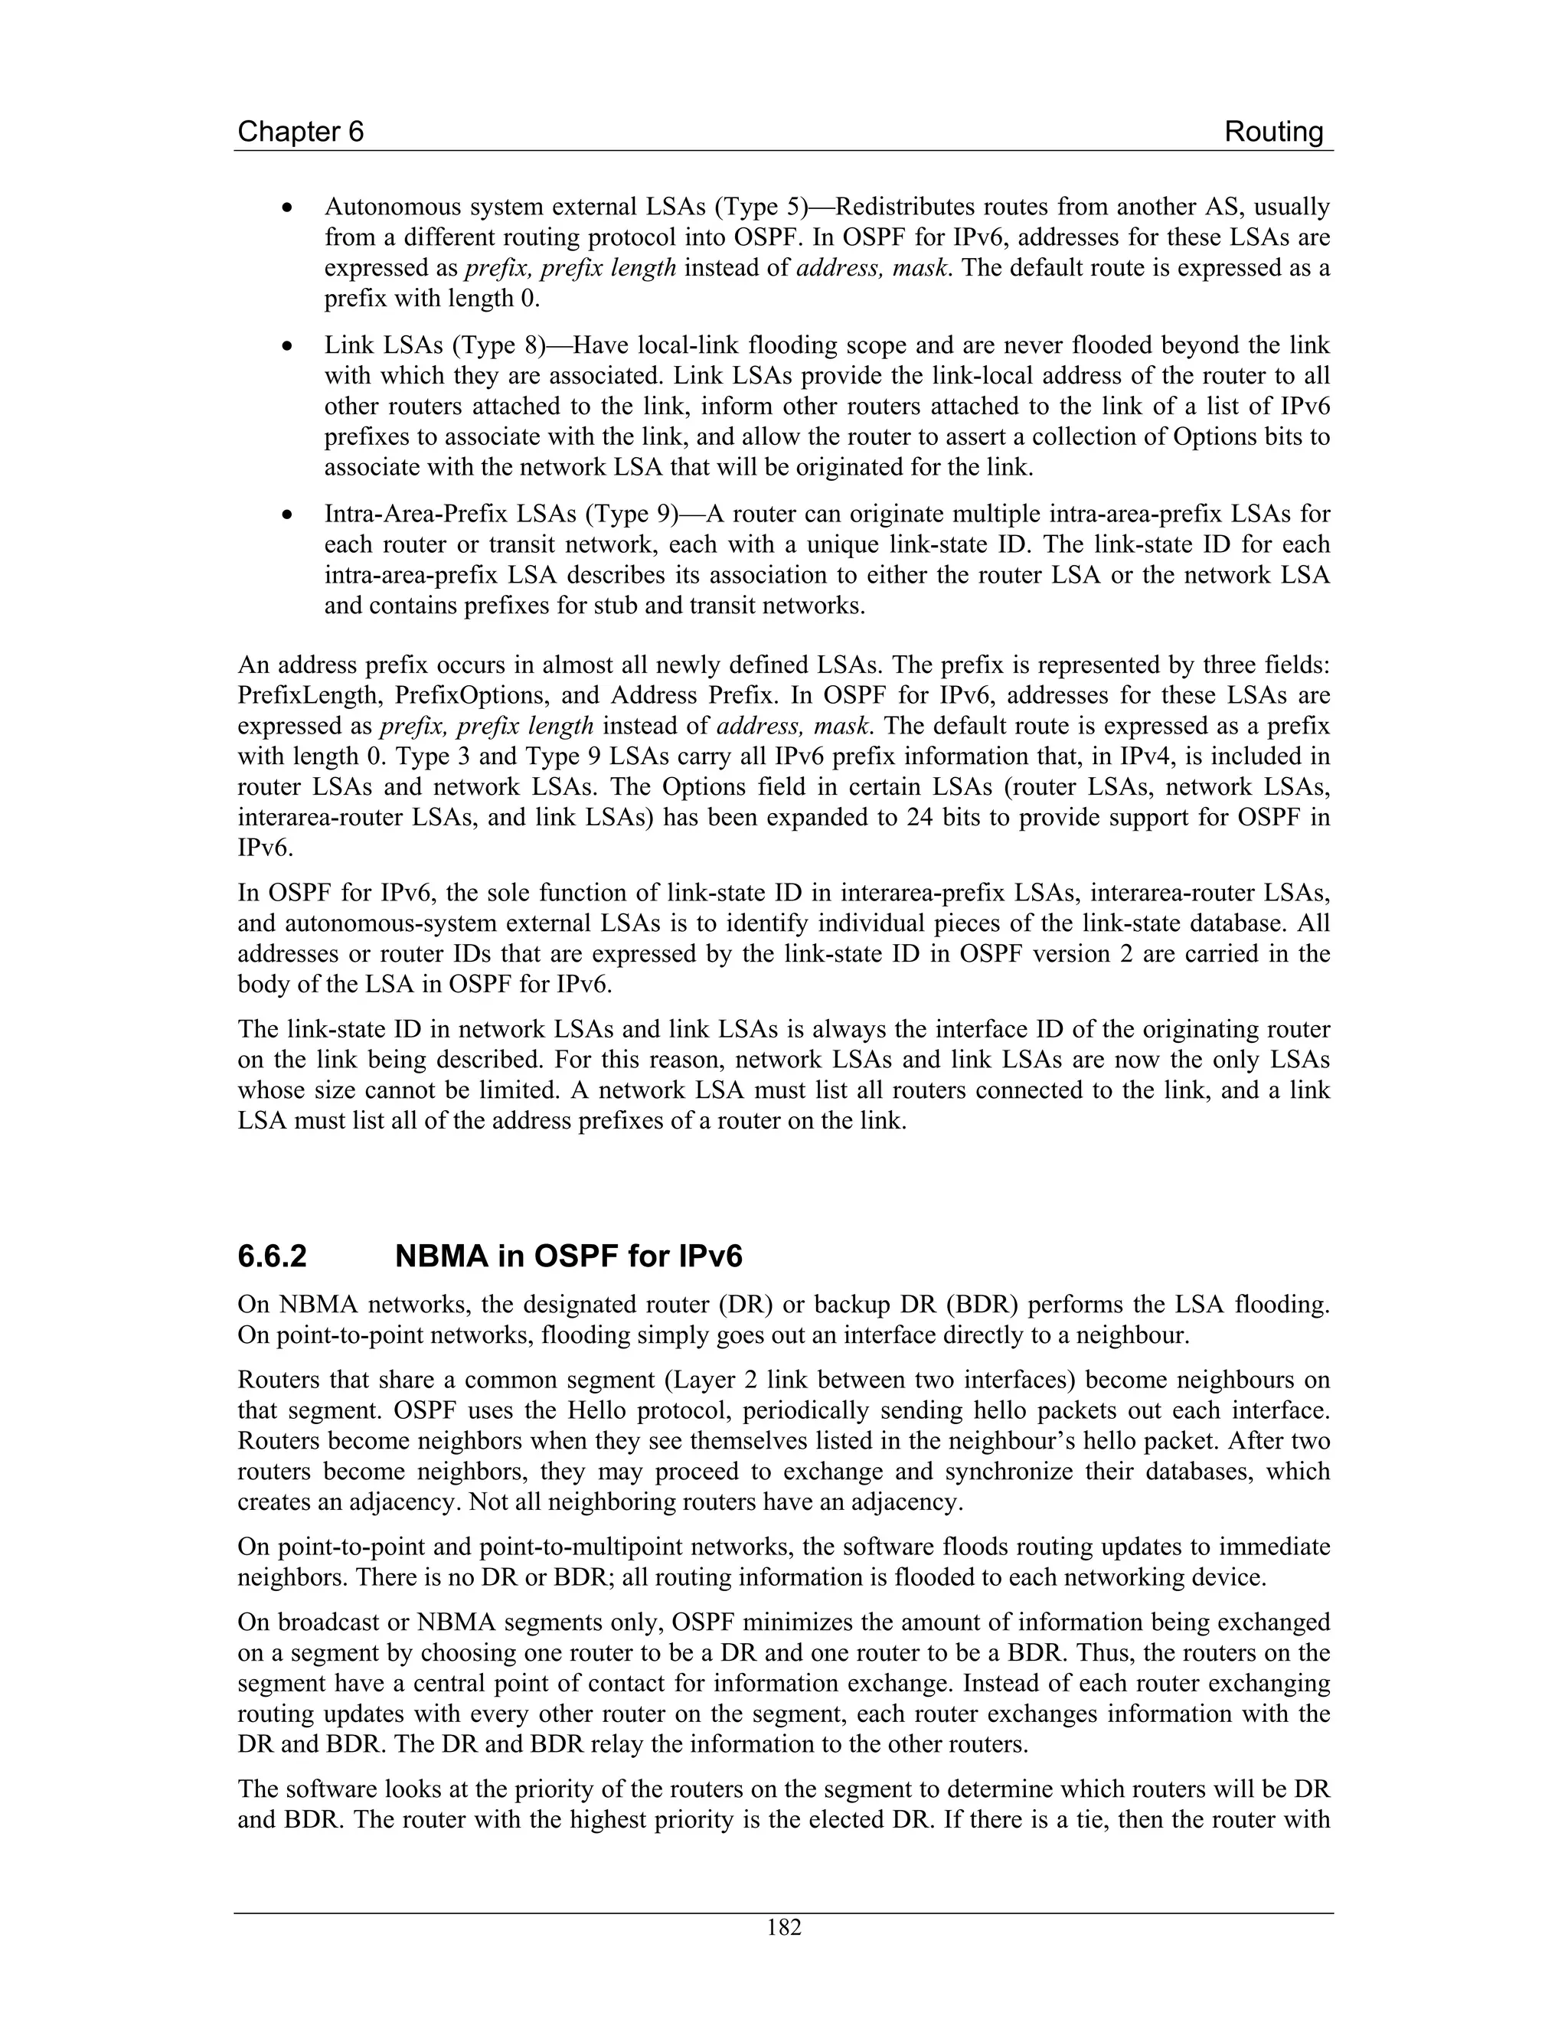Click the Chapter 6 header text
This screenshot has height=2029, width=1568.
pos(300,132)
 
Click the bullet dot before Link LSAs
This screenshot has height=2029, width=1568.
pos(290,347)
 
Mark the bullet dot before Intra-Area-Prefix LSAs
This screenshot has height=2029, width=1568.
pos(290,515)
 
